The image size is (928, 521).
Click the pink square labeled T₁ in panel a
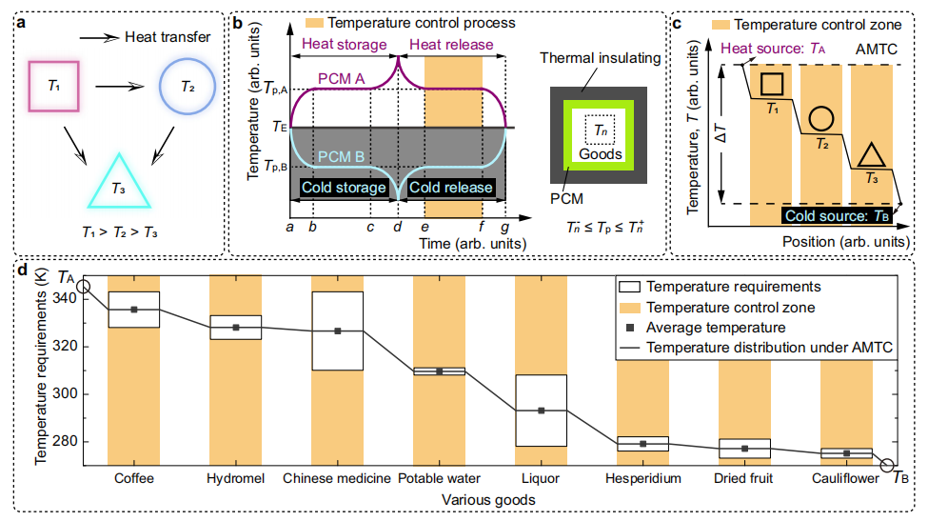click(x=30, y=87)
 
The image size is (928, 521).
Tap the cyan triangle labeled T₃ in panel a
click(x=119, y=207)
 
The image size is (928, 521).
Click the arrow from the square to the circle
click(x=120, y=87)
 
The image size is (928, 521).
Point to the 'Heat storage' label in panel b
click(x=345, y=45)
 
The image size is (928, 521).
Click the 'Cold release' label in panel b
click(x=451, y=188)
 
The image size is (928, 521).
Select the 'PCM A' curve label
click(x=342, y=79)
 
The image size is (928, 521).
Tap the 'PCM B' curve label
click(x=342, y=157)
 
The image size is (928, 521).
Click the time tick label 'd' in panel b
click(x=398, y=226)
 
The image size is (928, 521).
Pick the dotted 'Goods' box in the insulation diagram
click(x=586, y=130)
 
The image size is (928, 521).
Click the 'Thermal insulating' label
click(x=601, y=58)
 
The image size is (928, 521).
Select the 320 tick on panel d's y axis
click(x=65, y=347)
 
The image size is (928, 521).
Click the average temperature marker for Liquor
click(x=541, y=411)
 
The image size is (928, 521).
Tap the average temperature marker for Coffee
click(x=134, y=310)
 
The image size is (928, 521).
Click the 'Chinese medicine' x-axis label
click(x=337, y=478)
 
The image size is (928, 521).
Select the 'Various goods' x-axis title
click(x=488, y=500)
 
